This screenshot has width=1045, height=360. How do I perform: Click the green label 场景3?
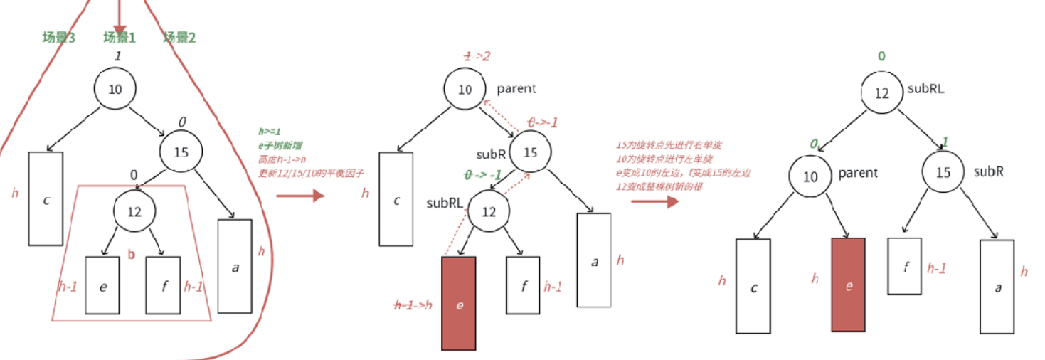click(59, 38)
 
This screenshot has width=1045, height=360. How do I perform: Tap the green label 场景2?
click(180, 38)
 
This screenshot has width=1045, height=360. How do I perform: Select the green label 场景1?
click(120, 38)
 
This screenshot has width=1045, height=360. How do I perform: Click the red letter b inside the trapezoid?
click(131, 254)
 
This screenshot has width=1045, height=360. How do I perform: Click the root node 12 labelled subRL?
click(881, 94)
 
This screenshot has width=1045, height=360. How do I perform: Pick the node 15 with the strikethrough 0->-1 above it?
click(530, 152)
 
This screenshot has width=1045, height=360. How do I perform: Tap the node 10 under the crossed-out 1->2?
click(465, 89)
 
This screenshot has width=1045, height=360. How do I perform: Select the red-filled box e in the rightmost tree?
click(849, 285)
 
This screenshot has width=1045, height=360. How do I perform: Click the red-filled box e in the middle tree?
click(459, 304)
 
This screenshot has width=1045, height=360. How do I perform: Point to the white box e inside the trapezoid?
click(103, 286)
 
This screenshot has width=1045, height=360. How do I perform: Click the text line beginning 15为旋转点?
click(664, 146)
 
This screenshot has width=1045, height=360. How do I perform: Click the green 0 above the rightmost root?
click(881, 55)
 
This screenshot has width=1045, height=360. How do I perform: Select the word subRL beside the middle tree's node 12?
click(443, 203)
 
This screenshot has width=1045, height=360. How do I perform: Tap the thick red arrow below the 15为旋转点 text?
click(654, 202)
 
